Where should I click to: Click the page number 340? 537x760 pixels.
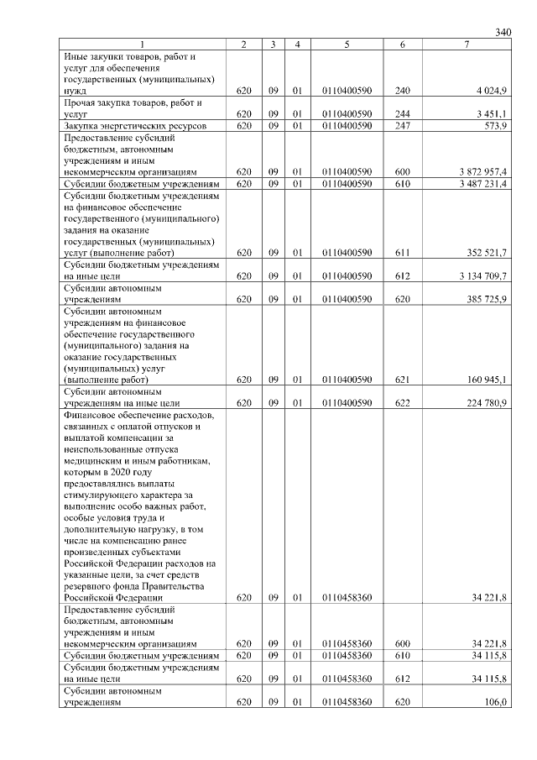[x=503, y=32]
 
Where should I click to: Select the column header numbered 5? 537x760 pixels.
[x=347, y=44]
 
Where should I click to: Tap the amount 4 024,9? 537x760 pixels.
[x=492, y=89]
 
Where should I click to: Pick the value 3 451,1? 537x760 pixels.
[x=492, y=113]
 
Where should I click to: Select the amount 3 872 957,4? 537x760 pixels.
[x=483, y=171]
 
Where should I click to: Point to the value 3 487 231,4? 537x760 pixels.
[x=483, y=183]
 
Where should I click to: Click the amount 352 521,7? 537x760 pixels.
[x=487, y=252]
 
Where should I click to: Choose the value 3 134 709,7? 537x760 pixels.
[x=483, y=275]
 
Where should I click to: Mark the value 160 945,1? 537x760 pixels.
[x=487, y=380]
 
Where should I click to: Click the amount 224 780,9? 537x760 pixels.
[x=487, y=403]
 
